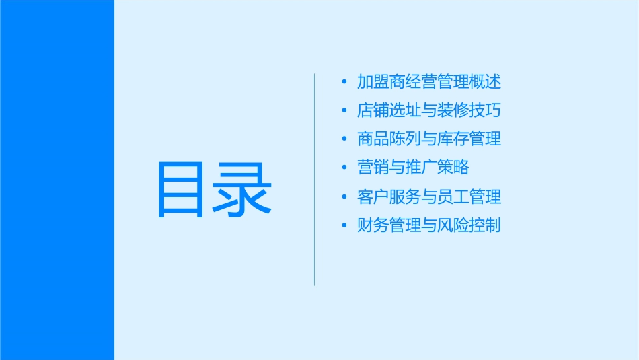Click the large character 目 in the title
(x=180, y=190)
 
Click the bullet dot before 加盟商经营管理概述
(x=344, y=83)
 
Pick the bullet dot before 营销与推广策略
(x=344, y=168)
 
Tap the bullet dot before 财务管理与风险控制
(x=344, y=225)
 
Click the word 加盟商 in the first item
(x=379, y=83)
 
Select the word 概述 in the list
(x=487, y=83)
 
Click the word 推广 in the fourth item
(x=415, y=168)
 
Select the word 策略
(x=444, y=168)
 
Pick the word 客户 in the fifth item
(x=371, y=196)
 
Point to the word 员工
(x=444, y=196)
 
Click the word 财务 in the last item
(x=371, y=225)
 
